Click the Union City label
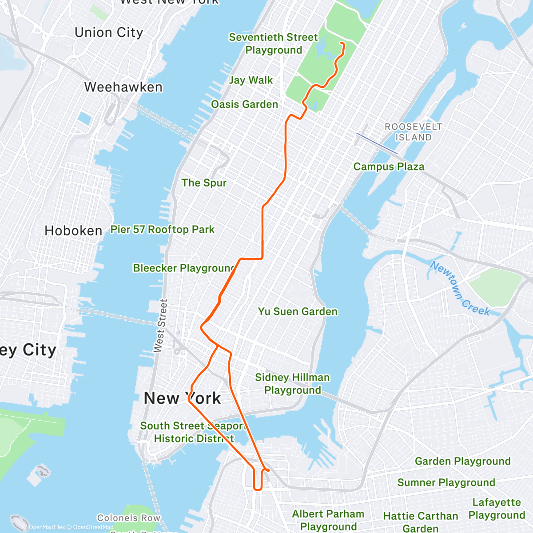point(109,32)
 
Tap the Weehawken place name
point(123,87)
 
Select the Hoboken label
point(73,231)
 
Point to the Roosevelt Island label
point(413,132)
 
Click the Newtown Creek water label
point(460,289)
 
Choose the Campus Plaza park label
point(389,167)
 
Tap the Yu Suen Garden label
point(298,311)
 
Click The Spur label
point(204,183)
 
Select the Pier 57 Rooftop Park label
point(162,229)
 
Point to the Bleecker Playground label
point(184,268)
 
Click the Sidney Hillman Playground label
point(292,384)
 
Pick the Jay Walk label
point(251,80)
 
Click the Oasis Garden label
point(244,104)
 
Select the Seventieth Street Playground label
point(273,44)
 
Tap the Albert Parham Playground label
point(328,520)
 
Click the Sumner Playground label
point(446,482)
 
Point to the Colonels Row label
point(129,518)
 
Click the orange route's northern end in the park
point(341,43)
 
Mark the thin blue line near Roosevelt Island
point(377,143)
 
